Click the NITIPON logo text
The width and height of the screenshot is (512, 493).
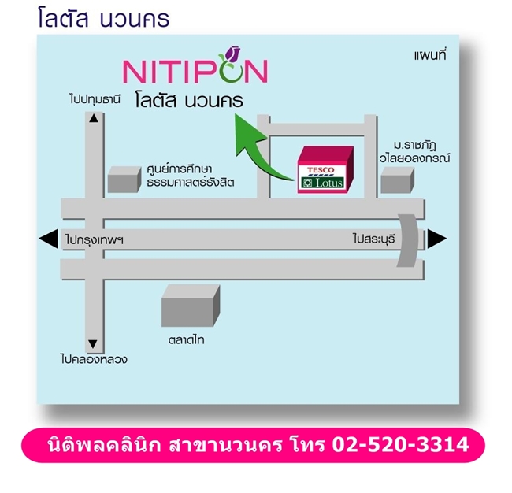(x=195, y=71)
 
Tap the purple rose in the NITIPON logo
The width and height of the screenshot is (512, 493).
(x=233, y=54)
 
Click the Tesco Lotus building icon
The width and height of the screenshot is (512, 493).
(x=325, y=169)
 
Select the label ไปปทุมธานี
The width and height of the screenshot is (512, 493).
(x=95, y=99)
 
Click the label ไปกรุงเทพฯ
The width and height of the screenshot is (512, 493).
(x=95, y=240)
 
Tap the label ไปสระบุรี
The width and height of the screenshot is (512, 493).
(x=374, y=239)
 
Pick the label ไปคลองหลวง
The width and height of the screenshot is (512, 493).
(x=94, y=359)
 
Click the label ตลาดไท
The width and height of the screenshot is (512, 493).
(x=187, y=340)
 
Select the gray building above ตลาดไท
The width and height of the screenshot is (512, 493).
(x=191, y=306)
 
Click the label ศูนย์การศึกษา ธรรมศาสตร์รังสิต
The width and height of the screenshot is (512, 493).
(x=191, y=176)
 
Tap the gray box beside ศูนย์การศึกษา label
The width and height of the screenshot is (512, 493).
(x=124, y=180)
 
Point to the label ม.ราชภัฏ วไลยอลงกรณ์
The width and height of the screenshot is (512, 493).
(x=415, y=151)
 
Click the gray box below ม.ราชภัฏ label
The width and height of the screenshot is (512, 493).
(x=397, y=180)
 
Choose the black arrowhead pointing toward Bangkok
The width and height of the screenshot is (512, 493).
(x=48, y=239)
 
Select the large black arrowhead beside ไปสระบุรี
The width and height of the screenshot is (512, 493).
(x=437, y=239)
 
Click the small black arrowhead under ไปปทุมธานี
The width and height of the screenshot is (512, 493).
(x=94, y=118)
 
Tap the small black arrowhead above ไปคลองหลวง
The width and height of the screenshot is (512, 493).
(x=93, y=344)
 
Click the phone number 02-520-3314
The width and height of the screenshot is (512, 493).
(x=400, y=445)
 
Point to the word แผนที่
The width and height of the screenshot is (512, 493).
(x=430, y=55)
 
